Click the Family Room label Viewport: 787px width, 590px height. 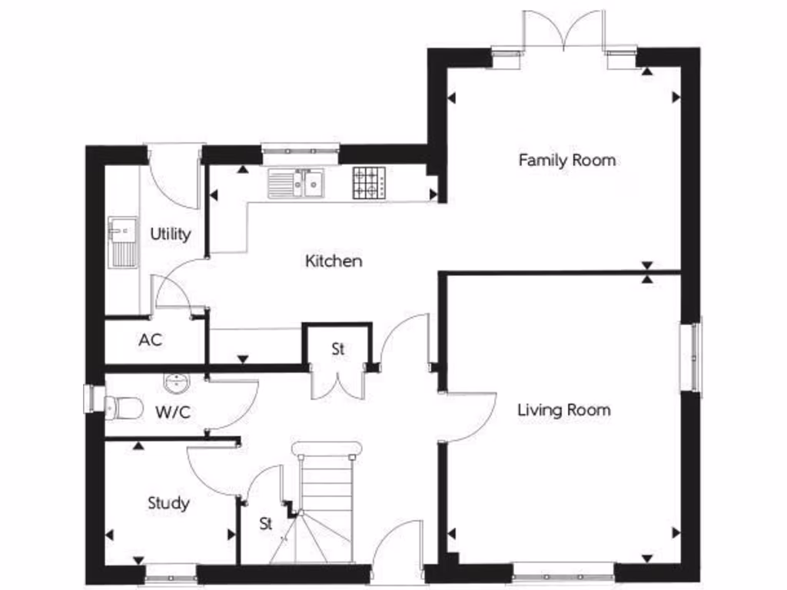click(566, 161)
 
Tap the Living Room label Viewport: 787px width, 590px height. click(563, 409)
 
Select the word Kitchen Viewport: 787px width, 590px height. click(334, 261)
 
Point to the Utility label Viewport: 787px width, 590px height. click(170, 234)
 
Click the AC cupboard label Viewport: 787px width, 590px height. click(151, 340)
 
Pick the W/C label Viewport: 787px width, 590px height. click(173, 413)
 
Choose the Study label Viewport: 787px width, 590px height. click(168, 504)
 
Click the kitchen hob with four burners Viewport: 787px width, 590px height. click(369, 183)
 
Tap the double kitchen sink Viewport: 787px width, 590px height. click(296, 184)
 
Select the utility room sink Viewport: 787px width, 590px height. click(123, 241)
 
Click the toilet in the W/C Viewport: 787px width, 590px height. click(123, 408)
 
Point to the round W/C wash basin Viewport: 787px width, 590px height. click(177, 382)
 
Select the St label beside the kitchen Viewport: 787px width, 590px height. click(338, 350)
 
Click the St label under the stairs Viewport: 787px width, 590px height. click(266, 525)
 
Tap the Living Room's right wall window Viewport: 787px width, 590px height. click(696, 357)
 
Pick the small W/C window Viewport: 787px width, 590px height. click(89, 399)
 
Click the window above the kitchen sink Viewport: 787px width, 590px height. click(300, 149)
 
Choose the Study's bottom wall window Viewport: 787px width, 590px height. click(170, 572)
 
